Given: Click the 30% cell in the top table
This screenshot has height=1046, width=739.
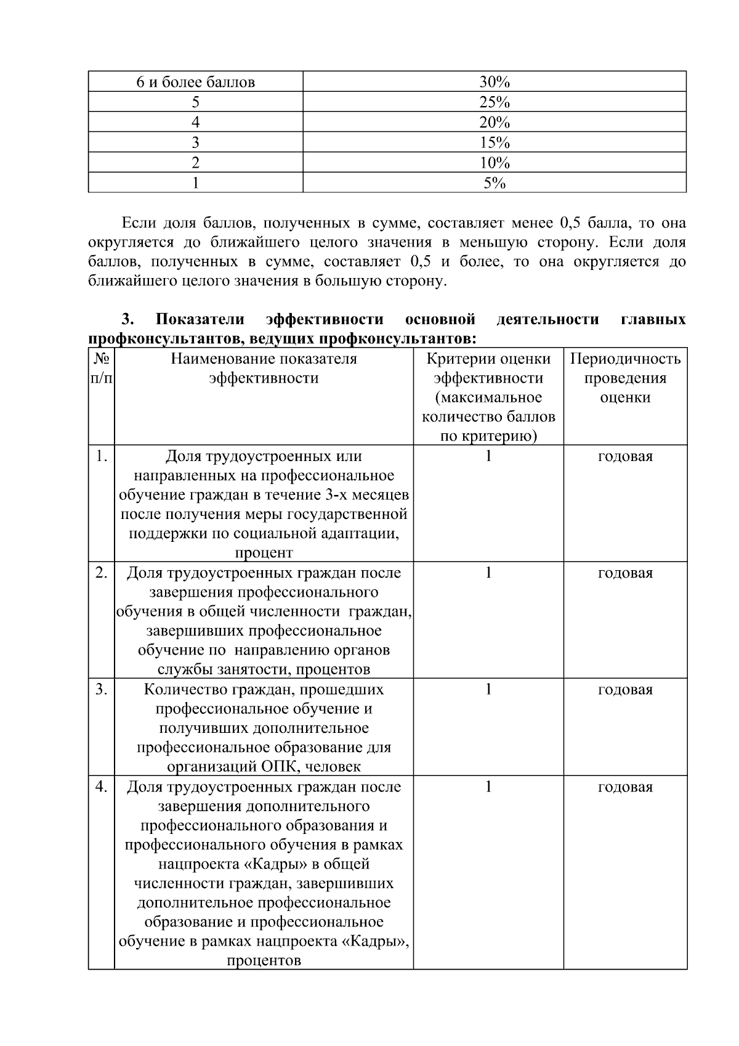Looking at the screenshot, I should (494, 82).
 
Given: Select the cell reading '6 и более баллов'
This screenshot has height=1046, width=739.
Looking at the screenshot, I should (195, 82).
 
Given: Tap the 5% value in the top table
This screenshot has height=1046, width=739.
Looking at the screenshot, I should (494, 183).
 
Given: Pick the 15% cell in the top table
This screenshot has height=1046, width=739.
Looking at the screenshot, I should (494, 143).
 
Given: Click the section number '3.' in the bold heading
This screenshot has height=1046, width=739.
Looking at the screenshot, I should (127, 319).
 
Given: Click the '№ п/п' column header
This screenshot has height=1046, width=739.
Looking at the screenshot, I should (102, 369).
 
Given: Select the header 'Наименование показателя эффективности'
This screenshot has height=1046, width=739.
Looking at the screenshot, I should (264, 368).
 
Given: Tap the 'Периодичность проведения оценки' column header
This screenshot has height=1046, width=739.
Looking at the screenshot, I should (625, 377).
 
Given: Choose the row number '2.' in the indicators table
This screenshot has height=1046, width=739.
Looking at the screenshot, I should (102, 573).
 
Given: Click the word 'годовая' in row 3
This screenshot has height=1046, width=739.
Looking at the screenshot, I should (625, 690).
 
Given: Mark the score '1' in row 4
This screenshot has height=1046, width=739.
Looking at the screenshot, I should (488, 787).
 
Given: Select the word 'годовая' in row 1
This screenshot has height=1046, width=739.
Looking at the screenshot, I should (625, 457).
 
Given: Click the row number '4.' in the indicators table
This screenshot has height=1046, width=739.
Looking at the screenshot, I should (102, 787).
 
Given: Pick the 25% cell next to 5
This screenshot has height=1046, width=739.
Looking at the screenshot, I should (494, 102).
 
